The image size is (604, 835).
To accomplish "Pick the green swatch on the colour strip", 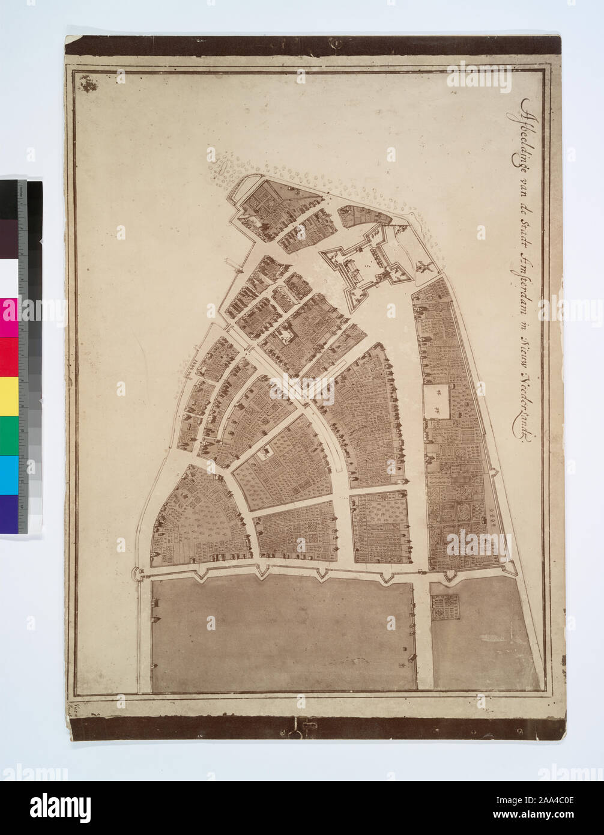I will point(9,436).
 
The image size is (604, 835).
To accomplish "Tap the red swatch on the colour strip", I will point(9,357).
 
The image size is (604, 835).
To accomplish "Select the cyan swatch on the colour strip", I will point(9,475).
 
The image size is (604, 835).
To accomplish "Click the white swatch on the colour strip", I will point(9,278).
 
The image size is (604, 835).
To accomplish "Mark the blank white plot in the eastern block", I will point(437,401).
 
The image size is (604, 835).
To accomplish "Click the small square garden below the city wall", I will point(445,607).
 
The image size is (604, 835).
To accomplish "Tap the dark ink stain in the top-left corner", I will point(88,83).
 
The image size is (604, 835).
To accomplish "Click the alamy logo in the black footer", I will point(60,807).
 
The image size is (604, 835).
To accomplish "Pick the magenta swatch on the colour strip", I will point(9,318).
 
